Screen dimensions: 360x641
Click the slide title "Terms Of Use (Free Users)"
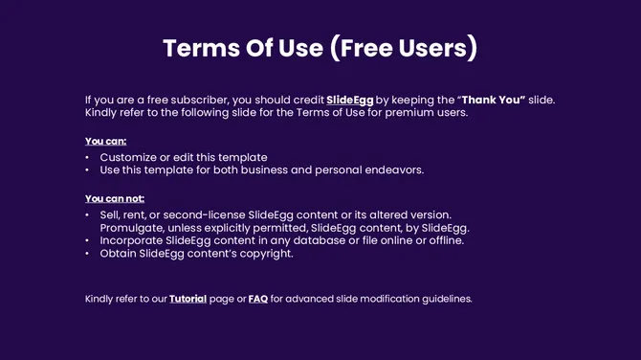320,48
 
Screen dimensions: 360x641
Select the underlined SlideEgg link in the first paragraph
349,100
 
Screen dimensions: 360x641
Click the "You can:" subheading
105,142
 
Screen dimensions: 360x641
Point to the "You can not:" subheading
114,198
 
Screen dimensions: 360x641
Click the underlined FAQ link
257,299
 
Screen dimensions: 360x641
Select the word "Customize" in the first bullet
128,157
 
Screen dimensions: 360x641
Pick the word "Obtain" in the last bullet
118,254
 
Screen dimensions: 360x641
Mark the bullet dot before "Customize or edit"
87,157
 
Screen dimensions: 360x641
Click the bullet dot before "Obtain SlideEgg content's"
87,254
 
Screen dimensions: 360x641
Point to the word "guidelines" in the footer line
443,299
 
